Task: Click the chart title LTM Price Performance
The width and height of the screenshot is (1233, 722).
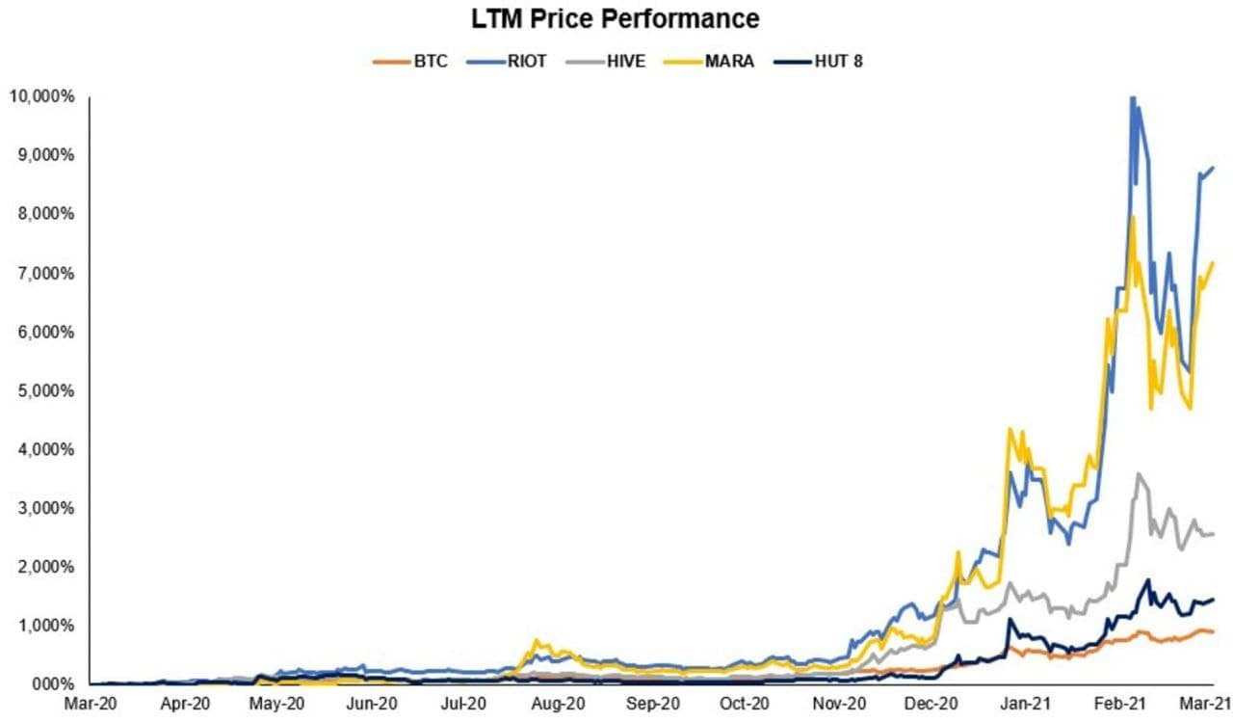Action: [x=616, y=18]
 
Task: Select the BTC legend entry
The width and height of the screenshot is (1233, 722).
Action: [x=409, y=62]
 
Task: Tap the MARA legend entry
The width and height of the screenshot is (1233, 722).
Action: [x=720, y=62]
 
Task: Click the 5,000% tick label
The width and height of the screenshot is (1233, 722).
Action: [x=44, y=390]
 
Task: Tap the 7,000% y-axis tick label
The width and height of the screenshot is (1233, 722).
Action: [x=44, y=273]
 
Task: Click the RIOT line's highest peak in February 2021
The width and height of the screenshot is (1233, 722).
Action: [x=1133, y=97]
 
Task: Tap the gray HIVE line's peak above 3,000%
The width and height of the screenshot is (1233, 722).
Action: [x=1140, y=473]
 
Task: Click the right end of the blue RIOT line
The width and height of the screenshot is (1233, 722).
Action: [x=1214, y=168]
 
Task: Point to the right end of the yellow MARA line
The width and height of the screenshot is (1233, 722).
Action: [x=1214, y=261]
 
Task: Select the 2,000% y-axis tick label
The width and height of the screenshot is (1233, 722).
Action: [x=44, y=567]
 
